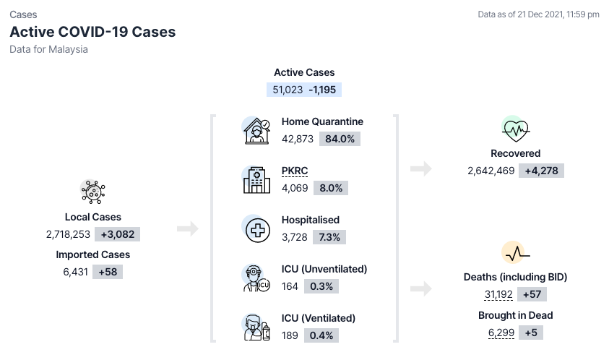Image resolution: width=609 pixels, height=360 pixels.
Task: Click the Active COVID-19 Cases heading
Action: point(92,32)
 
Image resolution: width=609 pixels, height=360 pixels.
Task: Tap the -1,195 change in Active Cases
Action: point(322,90)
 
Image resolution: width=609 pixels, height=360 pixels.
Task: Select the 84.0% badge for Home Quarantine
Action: point(340,139)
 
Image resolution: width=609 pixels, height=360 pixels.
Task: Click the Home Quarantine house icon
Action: point(256,131)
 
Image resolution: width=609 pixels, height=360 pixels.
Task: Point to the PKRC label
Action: point(295,171)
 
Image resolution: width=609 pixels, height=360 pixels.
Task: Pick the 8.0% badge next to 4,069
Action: point(331,188)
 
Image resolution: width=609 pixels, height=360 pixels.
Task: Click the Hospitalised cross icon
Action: point(257,230)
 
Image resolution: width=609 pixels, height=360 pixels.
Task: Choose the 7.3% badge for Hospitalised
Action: point(329,237)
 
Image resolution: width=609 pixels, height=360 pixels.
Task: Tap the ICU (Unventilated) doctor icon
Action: point(256,278)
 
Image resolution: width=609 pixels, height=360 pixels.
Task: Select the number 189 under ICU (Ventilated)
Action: point(290,335)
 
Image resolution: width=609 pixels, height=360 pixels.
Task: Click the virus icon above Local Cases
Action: point(93,192)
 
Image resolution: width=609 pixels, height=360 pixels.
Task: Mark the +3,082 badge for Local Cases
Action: point(118,234)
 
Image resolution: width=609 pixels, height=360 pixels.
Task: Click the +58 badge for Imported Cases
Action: point(108,272)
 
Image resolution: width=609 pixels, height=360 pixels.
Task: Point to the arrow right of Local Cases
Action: point(188,228)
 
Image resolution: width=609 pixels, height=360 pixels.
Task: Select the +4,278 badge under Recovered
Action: point(541,171)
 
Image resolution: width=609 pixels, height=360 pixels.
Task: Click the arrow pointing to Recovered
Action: point(421,168)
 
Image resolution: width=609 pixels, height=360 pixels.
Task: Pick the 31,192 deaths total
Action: point(498,294)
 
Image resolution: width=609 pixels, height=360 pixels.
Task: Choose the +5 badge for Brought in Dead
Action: point(531,333)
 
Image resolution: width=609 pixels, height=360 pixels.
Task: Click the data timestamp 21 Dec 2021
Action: point(540,14)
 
